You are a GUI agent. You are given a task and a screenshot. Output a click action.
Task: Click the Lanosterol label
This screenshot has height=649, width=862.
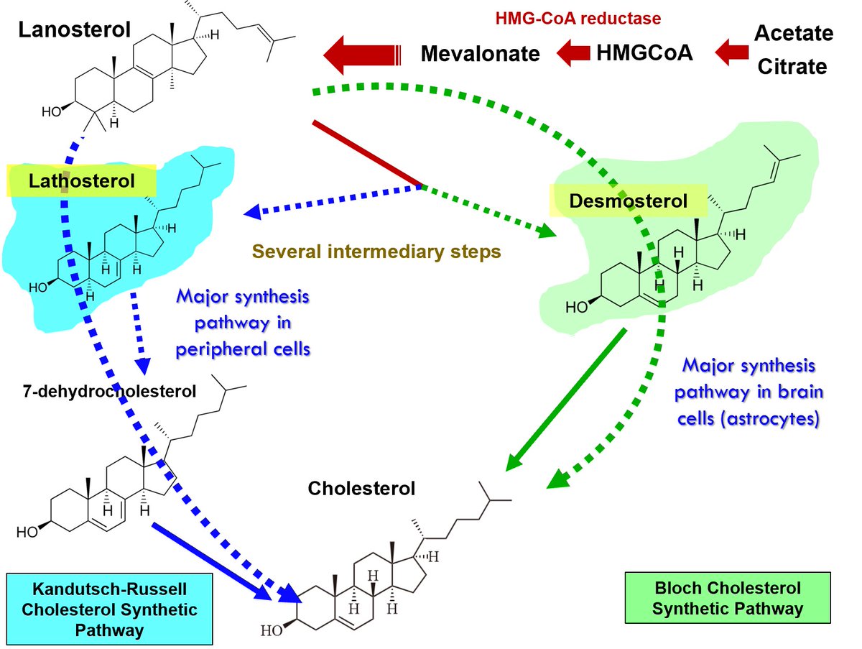coord(75,30)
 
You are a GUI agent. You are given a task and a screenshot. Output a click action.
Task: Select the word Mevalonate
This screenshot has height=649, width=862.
coord(480,53)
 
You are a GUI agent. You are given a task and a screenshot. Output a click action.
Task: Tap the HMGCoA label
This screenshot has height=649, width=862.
coord(644,52)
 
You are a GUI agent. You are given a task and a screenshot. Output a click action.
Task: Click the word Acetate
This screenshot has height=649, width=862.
coord(793,33)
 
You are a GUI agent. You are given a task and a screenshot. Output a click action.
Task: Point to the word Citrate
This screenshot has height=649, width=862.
coord(793,67)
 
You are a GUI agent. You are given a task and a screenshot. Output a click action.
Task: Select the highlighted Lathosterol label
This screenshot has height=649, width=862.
coord(81,181)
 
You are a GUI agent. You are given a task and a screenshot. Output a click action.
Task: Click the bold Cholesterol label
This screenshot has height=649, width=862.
coord(361,489)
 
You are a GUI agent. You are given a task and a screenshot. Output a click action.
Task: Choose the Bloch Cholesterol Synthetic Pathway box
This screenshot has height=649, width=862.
coord(728,598)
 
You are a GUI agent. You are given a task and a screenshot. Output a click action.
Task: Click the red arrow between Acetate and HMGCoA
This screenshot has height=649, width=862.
coord(731,52)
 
